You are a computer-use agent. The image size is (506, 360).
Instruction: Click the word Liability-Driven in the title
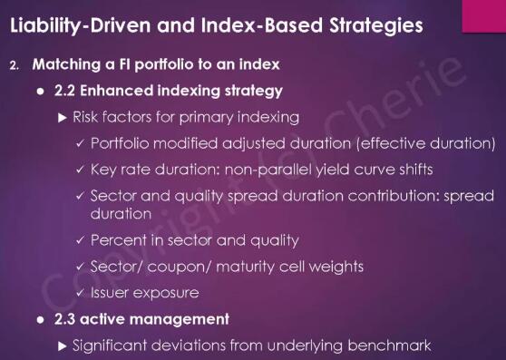[x=81, y=25]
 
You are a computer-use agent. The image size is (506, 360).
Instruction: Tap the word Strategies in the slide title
[x=376, y=25]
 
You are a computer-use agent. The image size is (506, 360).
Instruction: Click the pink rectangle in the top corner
[x=484, y=16]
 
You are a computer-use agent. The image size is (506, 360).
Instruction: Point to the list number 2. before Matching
[x=15, y=66]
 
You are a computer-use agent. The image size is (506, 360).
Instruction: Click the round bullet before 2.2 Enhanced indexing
[x=40, y=92]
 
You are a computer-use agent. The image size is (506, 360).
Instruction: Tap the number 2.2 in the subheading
[x=65, y=91]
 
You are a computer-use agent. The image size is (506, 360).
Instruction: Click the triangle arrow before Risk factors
[x=63, y=118]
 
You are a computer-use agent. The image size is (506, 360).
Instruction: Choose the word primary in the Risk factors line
[x=207, y=118]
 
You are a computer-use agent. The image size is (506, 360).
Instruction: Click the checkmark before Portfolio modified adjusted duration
[x=80, y=143]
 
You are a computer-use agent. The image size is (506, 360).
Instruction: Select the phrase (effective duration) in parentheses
[x=425, y=143]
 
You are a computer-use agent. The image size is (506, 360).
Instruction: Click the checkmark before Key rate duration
[x=80, y=170]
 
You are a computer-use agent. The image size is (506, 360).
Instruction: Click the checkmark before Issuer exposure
[x=80, y=293]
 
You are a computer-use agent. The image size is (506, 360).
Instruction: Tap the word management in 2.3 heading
[x=180, y=320]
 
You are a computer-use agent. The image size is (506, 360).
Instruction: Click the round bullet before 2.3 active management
[x=40, y=320]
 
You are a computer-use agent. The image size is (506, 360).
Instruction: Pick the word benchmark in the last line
[x=389, y=345]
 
